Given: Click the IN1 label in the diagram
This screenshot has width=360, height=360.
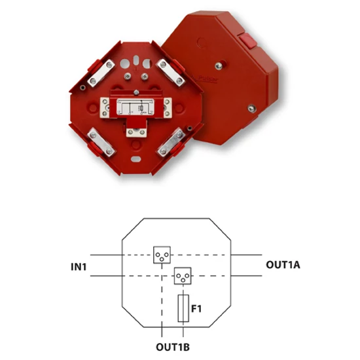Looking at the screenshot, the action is [x=79, y=267].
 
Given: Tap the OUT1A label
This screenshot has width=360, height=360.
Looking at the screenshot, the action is [x=283, y=264].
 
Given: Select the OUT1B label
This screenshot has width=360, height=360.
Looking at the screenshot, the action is [x=173, y=347].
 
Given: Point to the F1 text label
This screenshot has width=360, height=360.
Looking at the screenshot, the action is [x=196, y=309].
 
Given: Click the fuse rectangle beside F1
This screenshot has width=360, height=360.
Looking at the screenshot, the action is [x=183, y=308].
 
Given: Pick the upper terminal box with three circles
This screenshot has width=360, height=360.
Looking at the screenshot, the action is [x=162, y=255].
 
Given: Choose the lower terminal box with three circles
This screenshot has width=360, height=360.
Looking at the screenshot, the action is [x=183, y=276].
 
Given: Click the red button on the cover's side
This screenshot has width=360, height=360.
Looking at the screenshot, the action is [x=247, y=41].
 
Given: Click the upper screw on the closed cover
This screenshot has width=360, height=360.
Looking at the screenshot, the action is [x=219, y=66].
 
